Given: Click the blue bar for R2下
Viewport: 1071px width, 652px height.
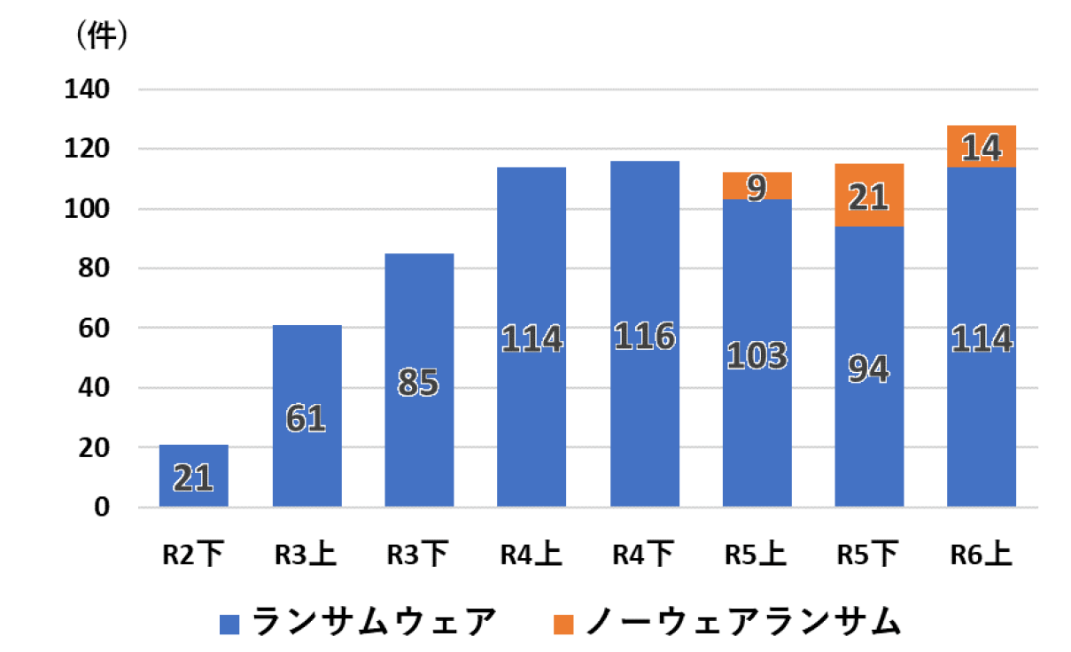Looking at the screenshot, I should [x=194, y=476].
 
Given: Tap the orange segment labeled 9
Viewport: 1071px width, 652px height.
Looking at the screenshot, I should [x=757, y=186].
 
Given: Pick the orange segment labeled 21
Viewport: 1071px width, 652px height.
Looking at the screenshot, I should [x=869, y=196].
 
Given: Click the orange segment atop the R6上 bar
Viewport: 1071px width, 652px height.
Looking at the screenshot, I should [x=982, y=146].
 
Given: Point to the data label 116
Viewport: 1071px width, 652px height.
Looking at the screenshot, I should [x=644, y=337].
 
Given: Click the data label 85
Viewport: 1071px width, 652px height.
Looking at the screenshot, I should [x=419, y=384].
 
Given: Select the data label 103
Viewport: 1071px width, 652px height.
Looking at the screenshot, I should [x=757, y=355].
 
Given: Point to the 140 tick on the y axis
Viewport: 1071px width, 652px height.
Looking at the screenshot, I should [x=86, y=89].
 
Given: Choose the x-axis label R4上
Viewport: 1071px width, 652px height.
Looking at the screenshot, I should [x=532, y=555].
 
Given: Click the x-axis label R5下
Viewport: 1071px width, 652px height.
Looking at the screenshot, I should [x=869, y=555].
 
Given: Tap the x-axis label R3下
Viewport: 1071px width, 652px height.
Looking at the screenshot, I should [x=419, y=555].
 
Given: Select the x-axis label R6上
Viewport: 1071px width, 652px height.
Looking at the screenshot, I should [x=982, y=555].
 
